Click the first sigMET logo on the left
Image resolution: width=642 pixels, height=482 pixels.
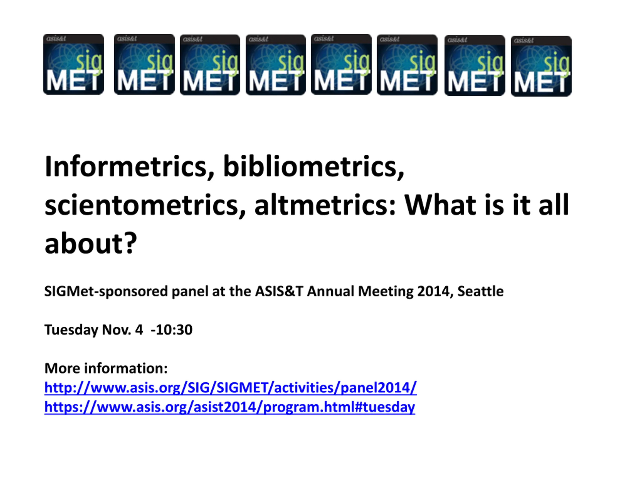(x=73, y=64)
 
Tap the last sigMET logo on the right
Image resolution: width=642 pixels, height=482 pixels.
(x=541, y=66)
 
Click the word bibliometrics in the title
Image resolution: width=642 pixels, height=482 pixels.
(x=314, y=167)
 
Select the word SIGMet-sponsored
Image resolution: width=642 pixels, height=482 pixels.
(x=106, y=291)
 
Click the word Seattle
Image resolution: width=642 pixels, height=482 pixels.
(x=481, y=291)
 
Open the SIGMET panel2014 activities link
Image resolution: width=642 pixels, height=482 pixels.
(x=230, y=388)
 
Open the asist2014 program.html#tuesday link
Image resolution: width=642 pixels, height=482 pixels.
(x=229, y=407)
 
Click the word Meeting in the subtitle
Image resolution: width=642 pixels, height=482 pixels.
(x=386, y=291)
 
